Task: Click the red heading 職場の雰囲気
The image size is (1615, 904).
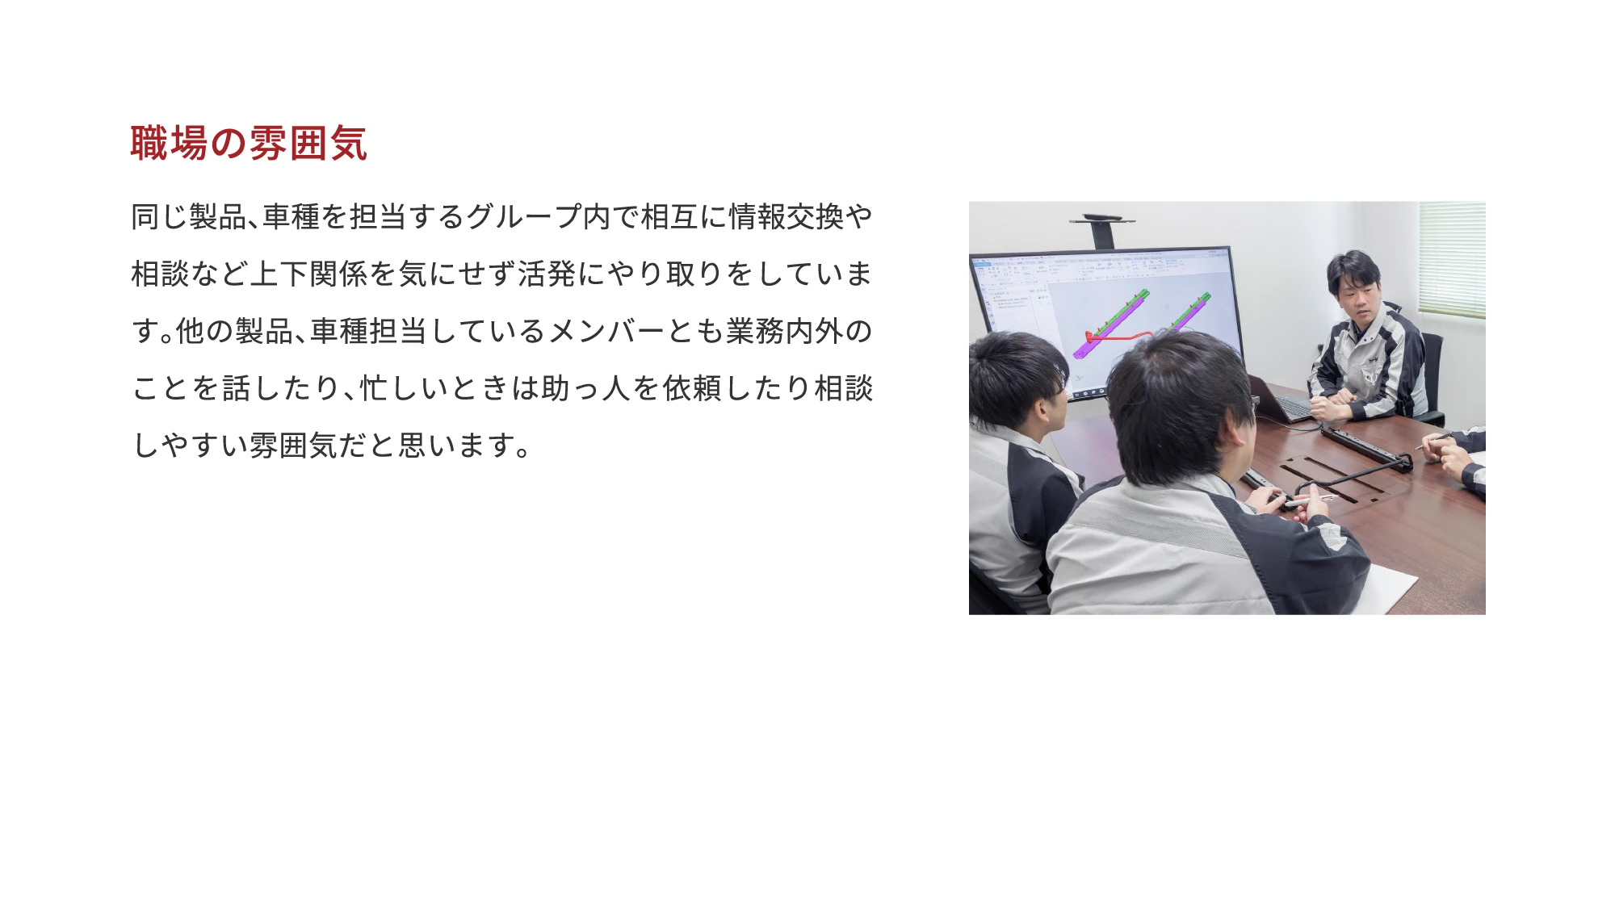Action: point(249,144)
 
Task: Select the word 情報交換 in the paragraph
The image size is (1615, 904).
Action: point(787,217)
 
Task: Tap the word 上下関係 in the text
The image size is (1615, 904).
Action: point(308,274)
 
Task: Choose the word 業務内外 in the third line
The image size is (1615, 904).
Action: point(784,332)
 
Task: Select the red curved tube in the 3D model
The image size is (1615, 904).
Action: point(1118,334)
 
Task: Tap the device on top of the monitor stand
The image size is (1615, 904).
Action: point(1102,219)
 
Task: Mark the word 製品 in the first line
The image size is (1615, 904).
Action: point(218,217)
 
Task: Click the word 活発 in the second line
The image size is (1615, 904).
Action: point(547,274)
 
